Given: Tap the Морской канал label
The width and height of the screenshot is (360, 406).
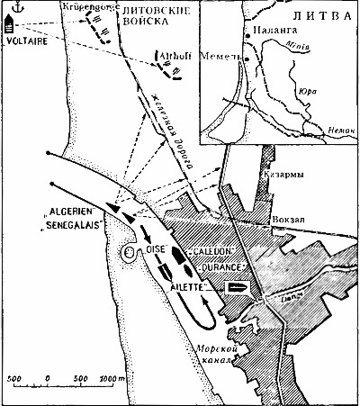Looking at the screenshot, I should pyautogui.click(x=216, y=354).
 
